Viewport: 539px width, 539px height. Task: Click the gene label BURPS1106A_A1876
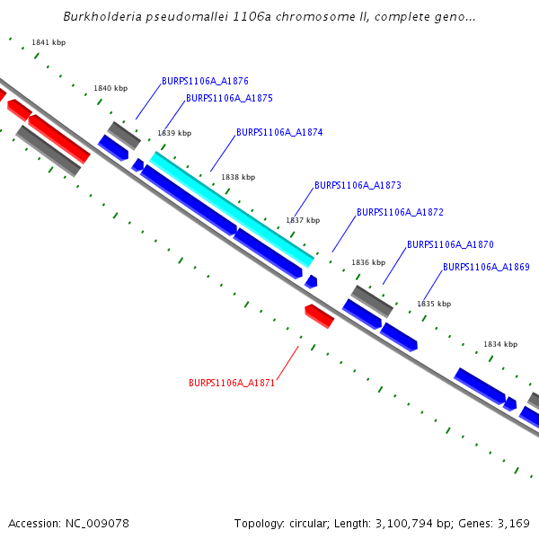coord(205,81)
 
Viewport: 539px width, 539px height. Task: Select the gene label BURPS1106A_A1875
coord(229,99)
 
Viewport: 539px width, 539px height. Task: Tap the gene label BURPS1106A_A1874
coord(279,132)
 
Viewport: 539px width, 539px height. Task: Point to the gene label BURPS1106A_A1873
coord(358,186)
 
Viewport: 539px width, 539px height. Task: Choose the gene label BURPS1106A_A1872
coord(400,213)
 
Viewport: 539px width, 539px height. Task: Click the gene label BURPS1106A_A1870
coord(450,244)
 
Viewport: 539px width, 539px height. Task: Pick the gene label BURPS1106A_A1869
coord(486,267)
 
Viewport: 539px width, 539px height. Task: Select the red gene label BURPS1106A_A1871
coord(232,383)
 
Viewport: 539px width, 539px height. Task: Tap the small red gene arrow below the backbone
coord(319,315)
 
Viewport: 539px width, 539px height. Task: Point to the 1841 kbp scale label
coord(49,42)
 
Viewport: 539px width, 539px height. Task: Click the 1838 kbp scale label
coord(238,177)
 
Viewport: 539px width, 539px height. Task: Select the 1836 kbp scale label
coord(368,262)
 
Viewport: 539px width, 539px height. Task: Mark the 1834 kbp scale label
coord(500,344)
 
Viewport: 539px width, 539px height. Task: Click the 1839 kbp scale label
coord(174,133)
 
